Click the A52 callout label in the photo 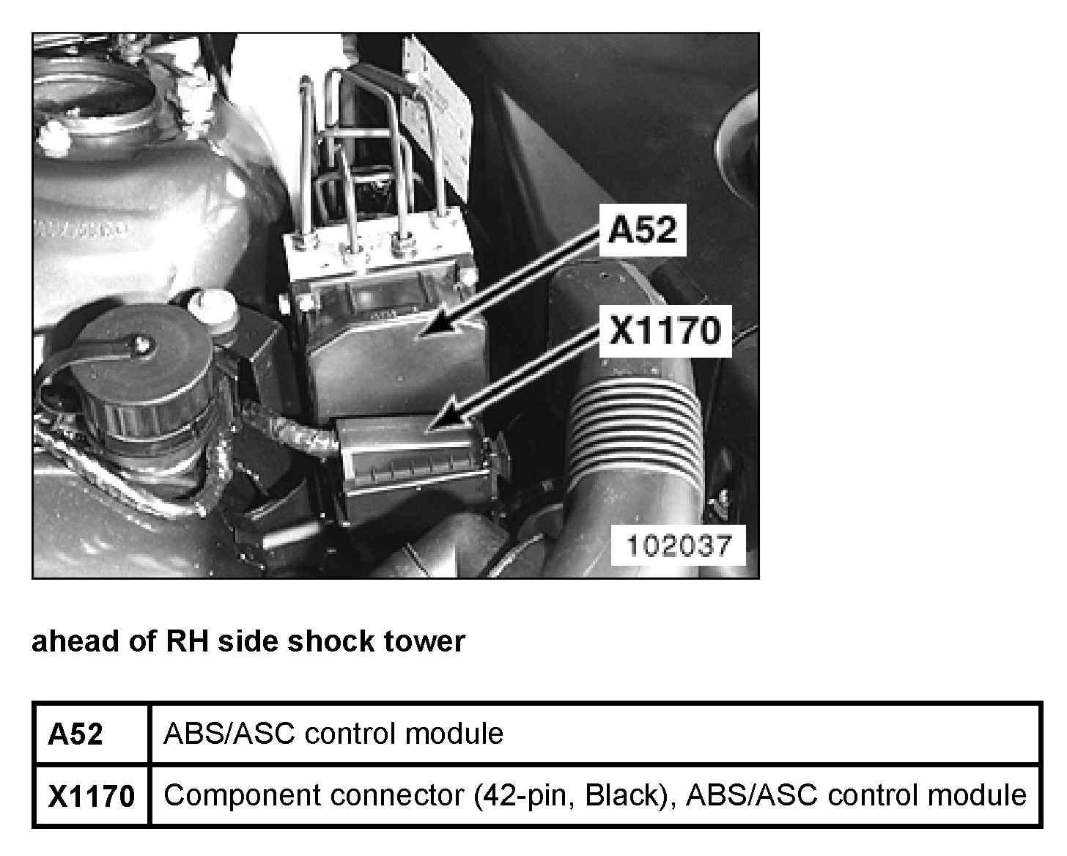(643, 231)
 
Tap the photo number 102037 (679, 545)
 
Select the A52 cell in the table (75, 734)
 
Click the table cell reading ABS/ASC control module (333, 734)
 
